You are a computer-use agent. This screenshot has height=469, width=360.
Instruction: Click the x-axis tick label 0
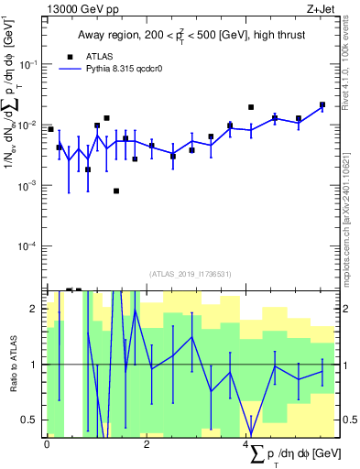tap(47, 443)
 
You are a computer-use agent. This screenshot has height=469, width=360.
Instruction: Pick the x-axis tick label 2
tap(147, 443)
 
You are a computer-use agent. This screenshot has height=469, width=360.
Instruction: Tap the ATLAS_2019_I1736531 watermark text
tap(191, 274)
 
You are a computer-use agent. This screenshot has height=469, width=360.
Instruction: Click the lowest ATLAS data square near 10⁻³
tap(116, 191)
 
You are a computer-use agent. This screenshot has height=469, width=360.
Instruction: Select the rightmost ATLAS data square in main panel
tap(322, 104)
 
